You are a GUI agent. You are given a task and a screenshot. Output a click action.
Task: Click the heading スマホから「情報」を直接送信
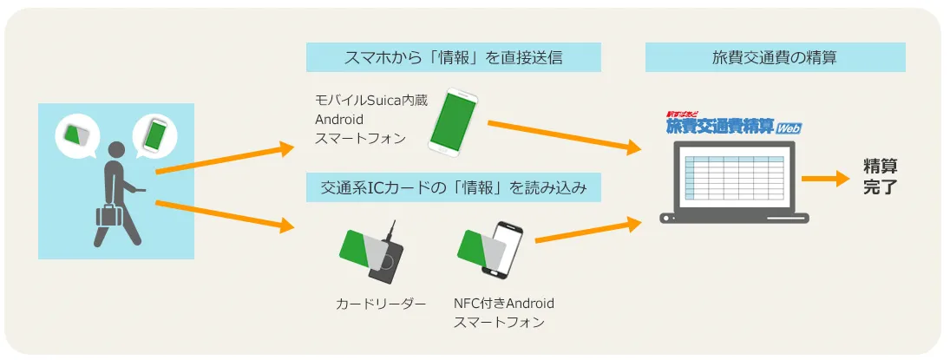pos(453,57)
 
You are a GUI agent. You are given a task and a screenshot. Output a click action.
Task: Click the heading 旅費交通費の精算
pos(775,57)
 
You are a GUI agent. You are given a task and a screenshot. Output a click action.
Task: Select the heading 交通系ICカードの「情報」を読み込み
pos(453,188)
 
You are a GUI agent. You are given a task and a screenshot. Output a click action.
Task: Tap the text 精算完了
pos(880,176)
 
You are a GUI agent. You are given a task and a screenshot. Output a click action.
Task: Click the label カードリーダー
pos(381,303)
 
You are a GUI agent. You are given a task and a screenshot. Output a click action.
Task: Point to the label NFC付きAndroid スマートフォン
pos(503,312)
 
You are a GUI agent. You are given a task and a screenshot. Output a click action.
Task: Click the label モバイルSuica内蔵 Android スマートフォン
pos(371,120)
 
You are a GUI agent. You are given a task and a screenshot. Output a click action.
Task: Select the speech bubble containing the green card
pos(76,136)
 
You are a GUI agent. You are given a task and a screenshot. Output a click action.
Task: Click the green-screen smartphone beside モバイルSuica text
pos(453,121)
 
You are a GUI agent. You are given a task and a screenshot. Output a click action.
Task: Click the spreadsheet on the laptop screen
pos(734,175)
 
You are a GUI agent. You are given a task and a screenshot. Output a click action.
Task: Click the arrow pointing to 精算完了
pos(827,179)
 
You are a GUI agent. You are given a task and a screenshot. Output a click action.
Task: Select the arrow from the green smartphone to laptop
pos(565,135)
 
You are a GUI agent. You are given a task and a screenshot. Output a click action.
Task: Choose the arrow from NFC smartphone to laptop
pos(588,230)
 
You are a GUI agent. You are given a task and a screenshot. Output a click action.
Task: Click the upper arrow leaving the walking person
pos(225,160)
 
